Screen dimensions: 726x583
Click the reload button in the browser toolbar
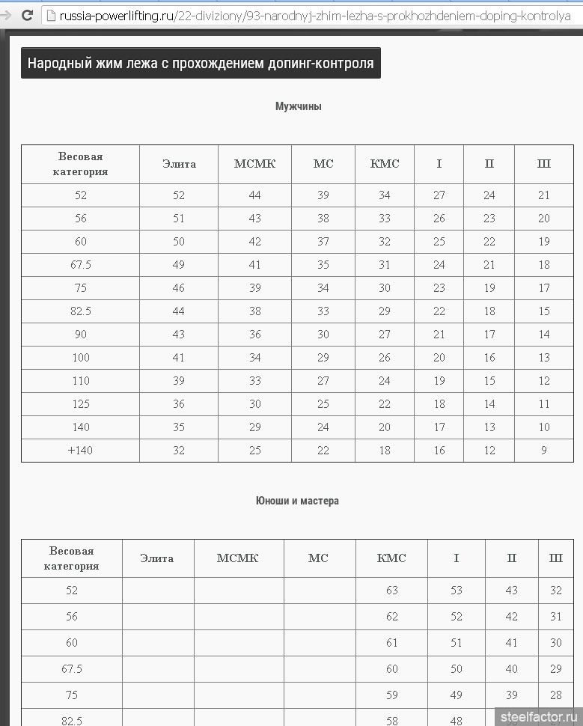click(x=27, y=14)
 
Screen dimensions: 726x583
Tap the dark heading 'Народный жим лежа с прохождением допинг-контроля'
click(x=201, y=63)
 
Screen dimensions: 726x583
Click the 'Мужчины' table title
click(x=299, y=106)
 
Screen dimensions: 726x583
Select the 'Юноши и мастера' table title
click(x=297, y=501)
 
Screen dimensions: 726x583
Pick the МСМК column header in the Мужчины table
click(x=254, y=164)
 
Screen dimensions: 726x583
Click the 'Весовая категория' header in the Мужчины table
click(x=80, y=164)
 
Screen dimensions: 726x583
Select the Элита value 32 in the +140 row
click(x=179, y=451)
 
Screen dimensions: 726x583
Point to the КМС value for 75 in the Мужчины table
click(x=385, y=288)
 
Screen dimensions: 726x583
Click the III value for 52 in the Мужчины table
click(x=544, y=195)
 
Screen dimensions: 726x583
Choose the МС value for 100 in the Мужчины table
click(x=323, y=358)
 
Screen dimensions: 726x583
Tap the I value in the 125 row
click(x=439, y=404)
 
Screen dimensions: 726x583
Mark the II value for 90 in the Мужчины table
click(x=489, y=335)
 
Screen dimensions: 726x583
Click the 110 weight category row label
click(x=81, y=381)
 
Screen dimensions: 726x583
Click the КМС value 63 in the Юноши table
click(x=392, y=591)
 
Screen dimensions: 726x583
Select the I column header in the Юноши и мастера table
click(x=457, y=558)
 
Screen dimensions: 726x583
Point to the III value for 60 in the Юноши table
click(x=556, y=643)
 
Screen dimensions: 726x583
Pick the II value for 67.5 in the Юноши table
click(x=512, y=669)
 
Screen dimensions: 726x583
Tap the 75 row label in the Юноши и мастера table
click(x=72, y=695)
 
